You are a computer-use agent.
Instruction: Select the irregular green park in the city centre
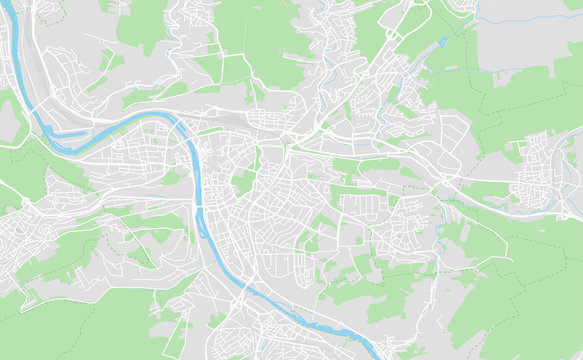(x=243, y=181)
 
